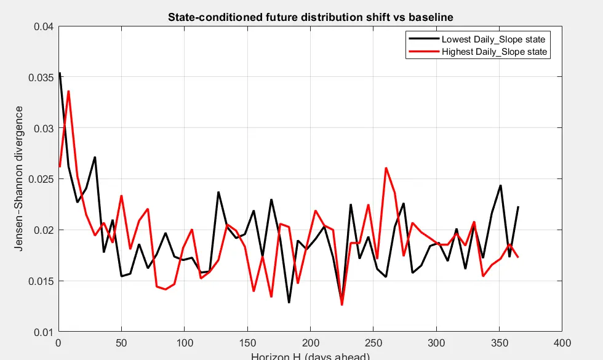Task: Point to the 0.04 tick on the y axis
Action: click(x=44, y=26)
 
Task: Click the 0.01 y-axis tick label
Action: click(x=44, y=332)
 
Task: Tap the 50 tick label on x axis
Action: click(x=121, y=342)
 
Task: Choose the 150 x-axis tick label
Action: click(x=247, y=342)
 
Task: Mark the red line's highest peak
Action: click(x=68, y=91)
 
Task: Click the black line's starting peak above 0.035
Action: click(x=60, y=73)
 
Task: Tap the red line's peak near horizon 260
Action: click(x=386, y=168)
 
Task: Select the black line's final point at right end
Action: click(x=518, y=207)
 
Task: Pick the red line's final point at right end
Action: click(x=518, y=257)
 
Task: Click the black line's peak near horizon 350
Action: click(x=500, y=185)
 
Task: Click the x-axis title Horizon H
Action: click(x=310, y=356)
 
